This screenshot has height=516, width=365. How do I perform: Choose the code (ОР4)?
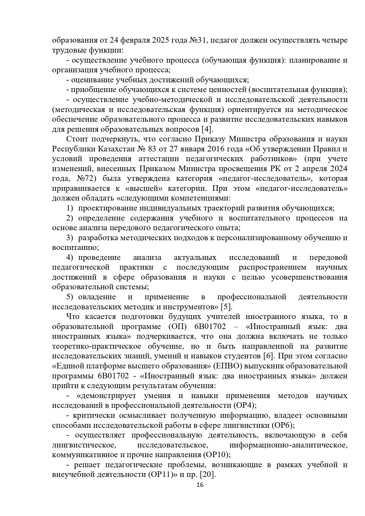tap(245, 405)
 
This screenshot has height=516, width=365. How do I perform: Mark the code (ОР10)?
tap(216, 455)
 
